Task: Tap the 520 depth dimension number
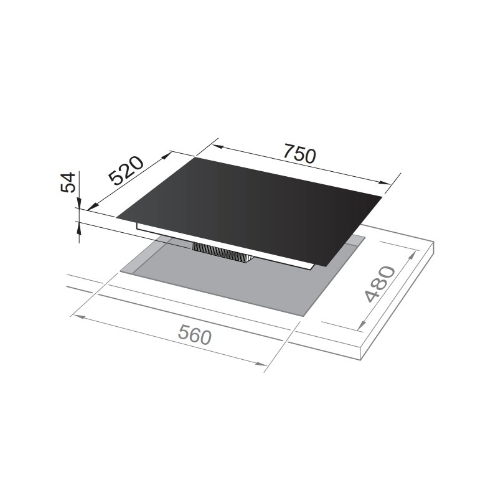[126, 170]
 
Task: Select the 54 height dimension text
[68, 182]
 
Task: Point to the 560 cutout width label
[194, 335]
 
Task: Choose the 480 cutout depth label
[380, 284]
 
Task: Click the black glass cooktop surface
[250, 211]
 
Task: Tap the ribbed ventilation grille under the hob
[222, 252]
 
